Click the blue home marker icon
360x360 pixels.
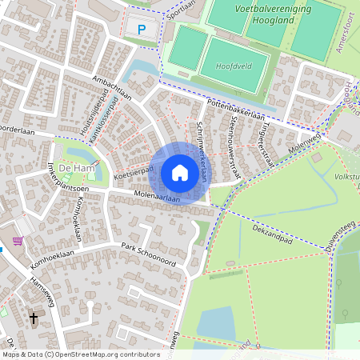pyautogui.click(x=180, y=173)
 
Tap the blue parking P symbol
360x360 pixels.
pyautogui.click(x=142, y=30)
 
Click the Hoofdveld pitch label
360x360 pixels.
pyautogui.click(x=230, y=68)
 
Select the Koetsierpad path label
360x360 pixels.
pyautogui.click(x=134, y=172)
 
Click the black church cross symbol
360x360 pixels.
pyautogui.click(x=34, y=319)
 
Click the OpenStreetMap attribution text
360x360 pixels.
pyautogui.click(x=81, y=354)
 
